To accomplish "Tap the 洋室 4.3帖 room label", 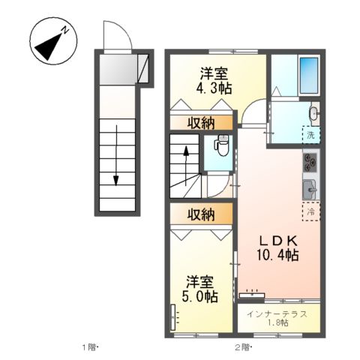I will click(214, 81).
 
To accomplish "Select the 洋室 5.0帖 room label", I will click(201, 289).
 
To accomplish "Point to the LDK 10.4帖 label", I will click(279, 248).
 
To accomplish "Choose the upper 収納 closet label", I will click(202, 123).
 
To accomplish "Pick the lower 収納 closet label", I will click(202, 214).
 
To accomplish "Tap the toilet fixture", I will click(222, 145).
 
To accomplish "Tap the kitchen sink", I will click(310, 190).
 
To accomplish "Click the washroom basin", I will click(314, 114).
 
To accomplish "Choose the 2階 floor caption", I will click(242, 347).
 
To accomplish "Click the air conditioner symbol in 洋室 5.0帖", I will click(175, 320).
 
